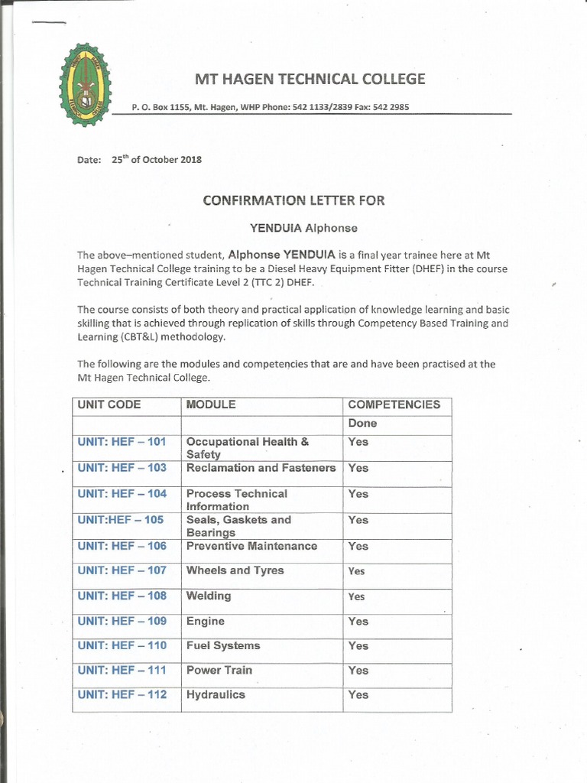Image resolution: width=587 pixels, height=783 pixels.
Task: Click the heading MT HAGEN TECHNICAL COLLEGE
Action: pos(310,79)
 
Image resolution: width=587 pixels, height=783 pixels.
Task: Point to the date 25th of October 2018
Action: pos(157,160)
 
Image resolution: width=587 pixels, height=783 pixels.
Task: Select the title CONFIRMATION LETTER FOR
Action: pos(293,200)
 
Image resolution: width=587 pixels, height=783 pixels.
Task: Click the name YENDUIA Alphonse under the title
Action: pos(293,228)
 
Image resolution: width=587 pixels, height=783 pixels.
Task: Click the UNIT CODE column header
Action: pos(109,404)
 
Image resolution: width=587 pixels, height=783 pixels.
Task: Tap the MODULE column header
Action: pos(211,404)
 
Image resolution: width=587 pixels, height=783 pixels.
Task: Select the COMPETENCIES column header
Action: pos(394,404)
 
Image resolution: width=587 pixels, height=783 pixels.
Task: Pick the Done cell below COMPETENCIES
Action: pos(362,423)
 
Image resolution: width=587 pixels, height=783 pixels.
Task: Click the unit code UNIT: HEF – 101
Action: pos(122,442)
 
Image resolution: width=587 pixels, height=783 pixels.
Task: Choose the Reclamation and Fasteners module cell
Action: pos(261,468)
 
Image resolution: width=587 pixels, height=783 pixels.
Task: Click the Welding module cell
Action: pos(209,596)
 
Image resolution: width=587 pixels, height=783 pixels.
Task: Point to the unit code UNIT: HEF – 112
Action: pos(122,695)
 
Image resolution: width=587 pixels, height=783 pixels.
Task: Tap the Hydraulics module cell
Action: pos(216,695)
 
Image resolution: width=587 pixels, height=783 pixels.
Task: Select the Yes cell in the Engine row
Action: pos(358,622)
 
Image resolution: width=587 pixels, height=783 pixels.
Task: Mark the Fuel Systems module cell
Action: pos(223,646)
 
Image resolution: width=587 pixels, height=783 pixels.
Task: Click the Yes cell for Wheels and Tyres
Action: pos(357,571)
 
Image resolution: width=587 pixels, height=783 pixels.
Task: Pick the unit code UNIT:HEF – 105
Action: pos(120,520)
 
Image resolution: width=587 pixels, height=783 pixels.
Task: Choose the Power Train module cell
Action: pos(219,671)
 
